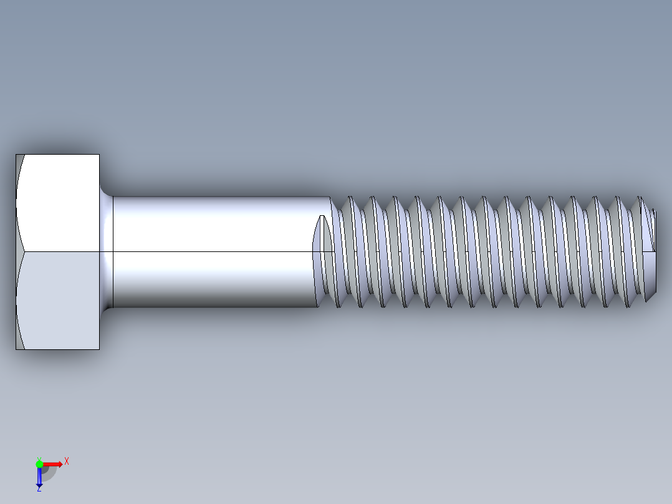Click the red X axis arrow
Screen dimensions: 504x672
[54, 463]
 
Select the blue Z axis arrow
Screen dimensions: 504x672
[39, 478]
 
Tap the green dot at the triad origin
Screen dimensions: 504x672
[39, 463]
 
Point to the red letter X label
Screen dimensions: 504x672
[66, 462]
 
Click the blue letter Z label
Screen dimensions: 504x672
[39, 490]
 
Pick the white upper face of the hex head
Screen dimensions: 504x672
[59, 203]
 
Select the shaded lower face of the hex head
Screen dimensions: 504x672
[59, 299]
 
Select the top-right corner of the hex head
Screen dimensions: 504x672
[98, 155]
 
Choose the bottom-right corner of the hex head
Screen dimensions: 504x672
[98, 348]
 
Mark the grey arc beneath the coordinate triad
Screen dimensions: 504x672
[50, 475]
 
